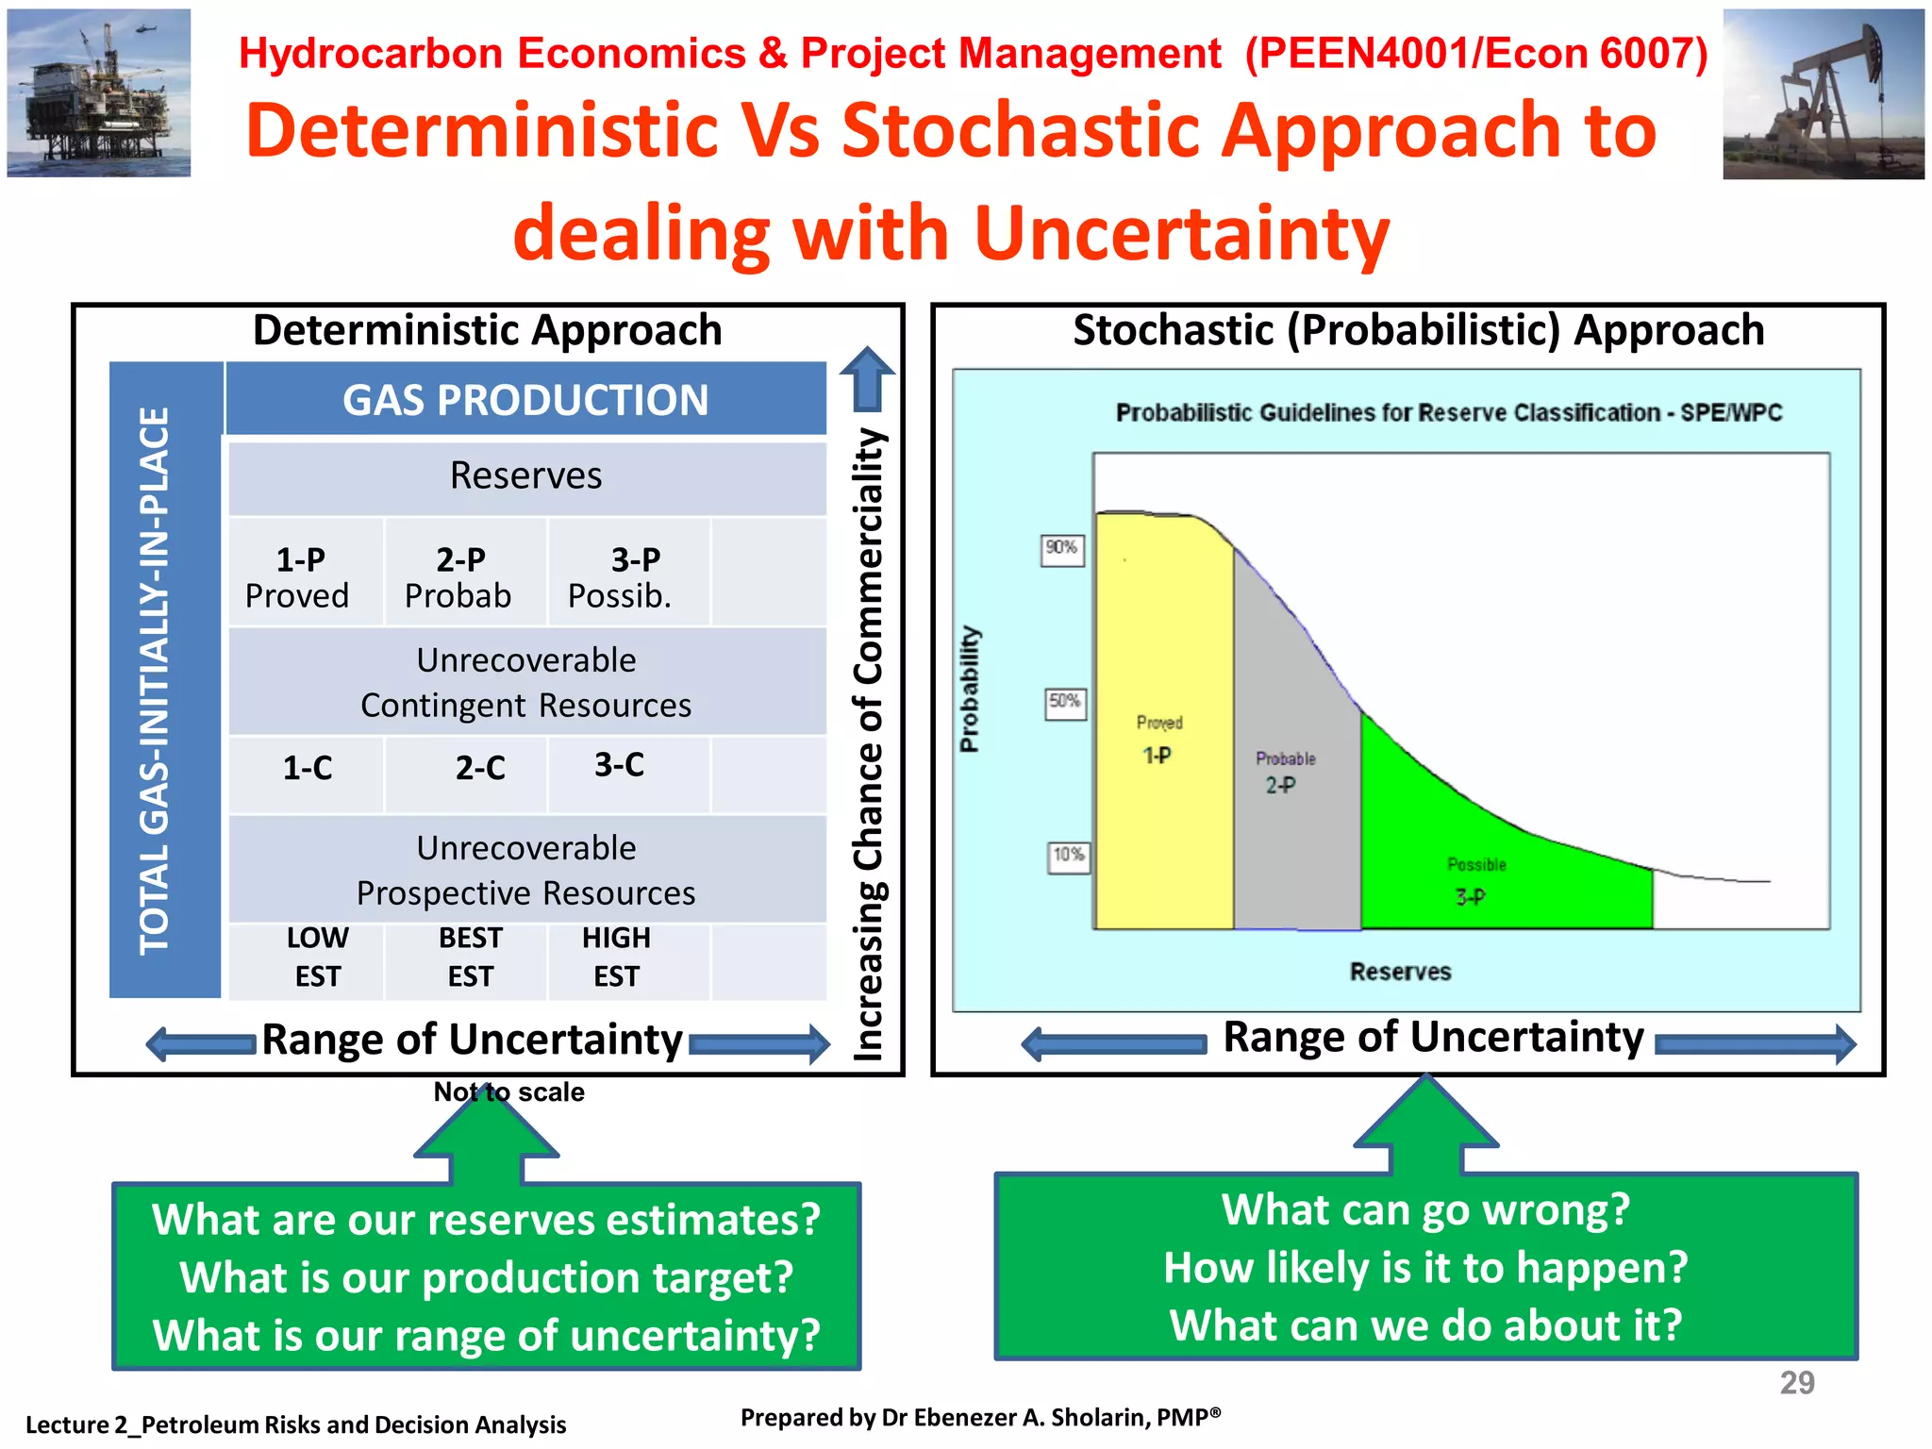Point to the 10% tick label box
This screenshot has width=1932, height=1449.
click(x=1068, y=856)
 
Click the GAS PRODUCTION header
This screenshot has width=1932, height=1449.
click(x=525, y=400)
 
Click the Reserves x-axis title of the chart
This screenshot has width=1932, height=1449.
click(x=1399, y=972)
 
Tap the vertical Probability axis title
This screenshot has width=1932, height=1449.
click(x=969, y=689)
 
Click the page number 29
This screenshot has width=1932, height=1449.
click(x=1796, y=1382)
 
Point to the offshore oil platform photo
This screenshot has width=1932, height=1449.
click(x=99, y=92)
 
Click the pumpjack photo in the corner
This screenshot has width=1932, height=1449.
click(x=1823, y=94)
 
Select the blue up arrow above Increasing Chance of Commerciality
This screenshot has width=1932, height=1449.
click(x=866, y=379)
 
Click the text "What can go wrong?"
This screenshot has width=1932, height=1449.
click(x=1424, y=1210)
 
